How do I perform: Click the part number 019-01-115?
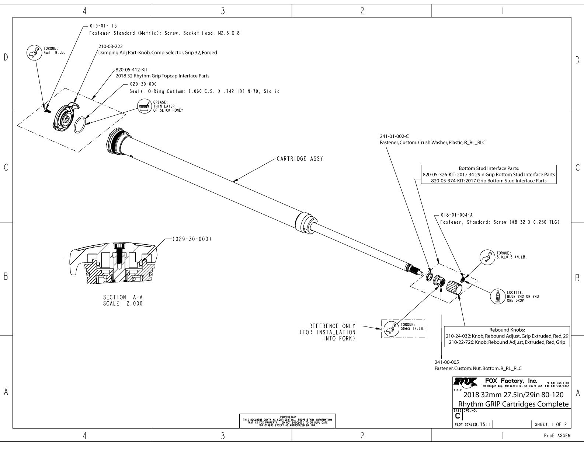103,26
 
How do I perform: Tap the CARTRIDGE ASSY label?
300,159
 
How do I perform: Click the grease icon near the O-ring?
143,106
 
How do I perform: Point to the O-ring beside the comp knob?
80,125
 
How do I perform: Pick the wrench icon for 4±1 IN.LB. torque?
32,53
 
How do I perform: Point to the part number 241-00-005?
447,362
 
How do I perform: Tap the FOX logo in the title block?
466,381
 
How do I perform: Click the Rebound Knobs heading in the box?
507,330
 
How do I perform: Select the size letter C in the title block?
458,416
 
